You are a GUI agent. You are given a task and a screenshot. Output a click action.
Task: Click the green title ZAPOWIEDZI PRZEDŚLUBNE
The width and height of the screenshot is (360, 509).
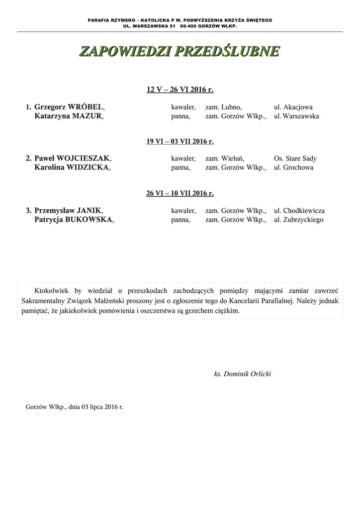click(180, 51)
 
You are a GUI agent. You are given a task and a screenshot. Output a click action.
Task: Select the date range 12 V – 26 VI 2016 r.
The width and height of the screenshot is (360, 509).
click(180, 90)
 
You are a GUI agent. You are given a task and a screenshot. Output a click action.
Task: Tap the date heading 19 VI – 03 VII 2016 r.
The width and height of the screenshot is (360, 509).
click(180, 142)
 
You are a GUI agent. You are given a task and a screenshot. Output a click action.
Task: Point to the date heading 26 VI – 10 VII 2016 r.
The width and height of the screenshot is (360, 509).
click(180, 193)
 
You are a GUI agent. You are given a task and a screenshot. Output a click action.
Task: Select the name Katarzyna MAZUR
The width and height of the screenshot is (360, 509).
click(69, 116)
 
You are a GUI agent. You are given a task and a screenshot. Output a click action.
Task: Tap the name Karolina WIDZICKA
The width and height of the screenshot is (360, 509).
click(72, 168)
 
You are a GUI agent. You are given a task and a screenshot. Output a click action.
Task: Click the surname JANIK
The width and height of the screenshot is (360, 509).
click(89, 210)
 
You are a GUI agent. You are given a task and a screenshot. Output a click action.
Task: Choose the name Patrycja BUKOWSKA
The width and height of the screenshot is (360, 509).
click(74, 219)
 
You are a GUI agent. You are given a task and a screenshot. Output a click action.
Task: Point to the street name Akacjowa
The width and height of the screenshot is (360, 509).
click(298, 107)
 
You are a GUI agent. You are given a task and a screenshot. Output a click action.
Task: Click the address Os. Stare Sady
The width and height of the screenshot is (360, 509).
click(295, 159)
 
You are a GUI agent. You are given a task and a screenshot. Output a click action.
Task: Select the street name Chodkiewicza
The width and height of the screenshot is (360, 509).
click(304, 211)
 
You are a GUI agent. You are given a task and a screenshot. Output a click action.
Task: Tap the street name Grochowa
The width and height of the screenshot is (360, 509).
click(298, 168)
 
